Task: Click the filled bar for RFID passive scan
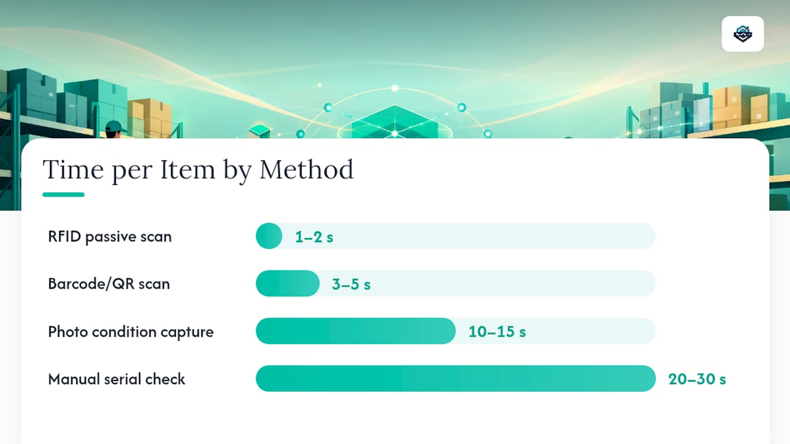click(x=269, y=236)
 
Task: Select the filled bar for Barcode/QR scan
click(x=288, y=284)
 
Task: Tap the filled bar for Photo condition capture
click(x=356, y=331)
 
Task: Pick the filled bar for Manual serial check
click(x=455, y=379)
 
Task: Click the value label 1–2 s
click(x=314, y=237)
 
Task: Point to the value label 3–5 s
click(x=351, y=284)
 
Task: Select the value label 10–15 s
click(x=497, y=332)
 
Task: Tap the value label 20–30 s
click(x=697, y=379)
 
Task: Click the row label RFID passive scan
click(x=110, y=237)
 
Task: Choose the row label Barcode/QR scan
click(x=109, y=284)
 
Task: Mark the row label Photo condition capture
click(x=131, y=332)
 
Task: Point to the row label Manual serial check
click(x=117, y=379)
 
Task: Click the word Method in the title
click(x=307, y=170)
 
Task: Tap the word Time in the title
click(x=73, y=170)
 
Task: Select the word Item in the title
click(x=187, y=170)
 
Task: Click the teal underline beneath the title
click(x=64, y=194)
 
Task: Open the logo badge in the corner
click(x=742, y=34)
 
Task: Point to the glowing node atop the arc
click(x=395, y=88)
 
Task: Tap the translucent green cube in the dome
click(x=395, y=123)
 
